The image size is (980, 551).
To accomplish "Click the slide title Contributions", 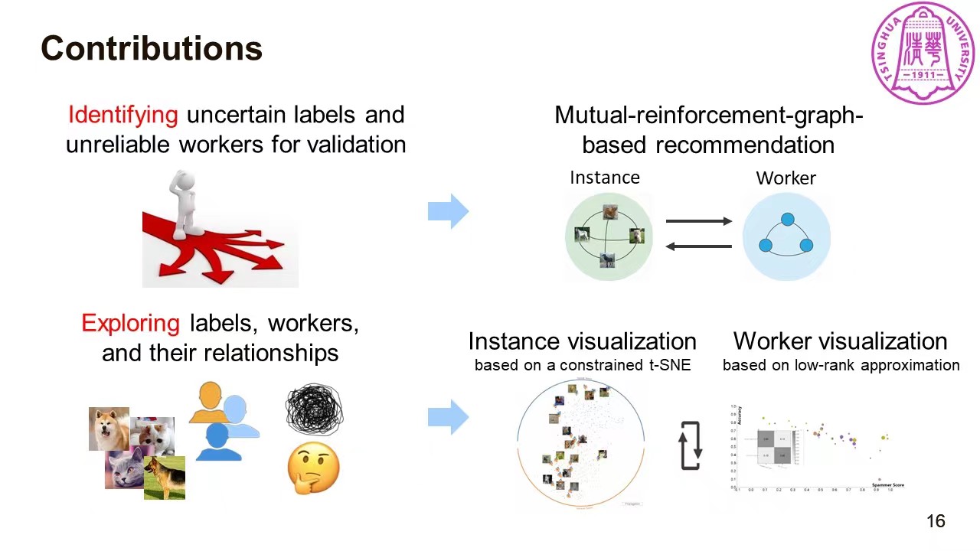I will pyautogui.click(x=152, y=48).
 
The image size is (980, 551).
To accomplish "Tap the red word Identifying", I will pyautogui.click(x=123, y=115).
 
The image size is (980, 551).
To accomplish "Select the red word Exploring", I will pyautogui.click(x=130, y=323).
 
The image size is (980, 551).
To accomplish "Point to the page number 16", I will pyautogui.click(x=936, y=521).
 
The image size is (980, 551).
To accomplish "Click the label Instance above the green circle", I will pyautogui.click(x=604, y=178).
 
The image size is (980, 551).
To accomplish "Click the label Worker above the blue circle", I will pyautogui.click(x=786, y=178).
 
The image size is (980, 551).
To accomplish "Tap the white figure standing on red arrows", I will pyautogui.click(x=185, y=203).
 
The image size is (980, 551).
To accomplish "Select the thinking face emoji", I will pyautogui.click(x=313, y=468).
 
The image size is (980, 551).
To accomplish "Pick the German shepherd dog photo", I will pyautogui.click(x=165, y=478).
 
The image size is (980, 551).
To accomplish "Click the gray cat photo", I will pyautogui.click(x=124, y=469).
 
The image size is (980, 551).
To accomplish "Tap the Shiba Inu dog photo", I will pyautogui.click(x=109, y=429).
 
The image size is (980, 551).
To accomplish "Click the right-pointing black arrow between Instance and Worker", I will pyautogui.click(x=698, y=221).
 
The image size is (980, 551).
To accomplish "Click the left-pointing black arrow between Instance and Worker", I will pyautogui.click(x=698, y=246).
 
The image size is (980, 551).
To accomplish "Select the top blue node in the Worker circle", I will pyautogui.click(x=787, y=220).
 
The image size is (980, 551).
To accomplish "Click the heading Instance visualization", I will pyautogui.click(x=582, y=341).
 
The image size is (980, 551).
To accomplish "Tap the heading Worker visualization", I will pyautogui.click(x=840, y=341).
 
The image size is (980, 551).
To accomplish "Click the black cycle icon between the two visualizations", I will pyautogui.click(x=691, y=445).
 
